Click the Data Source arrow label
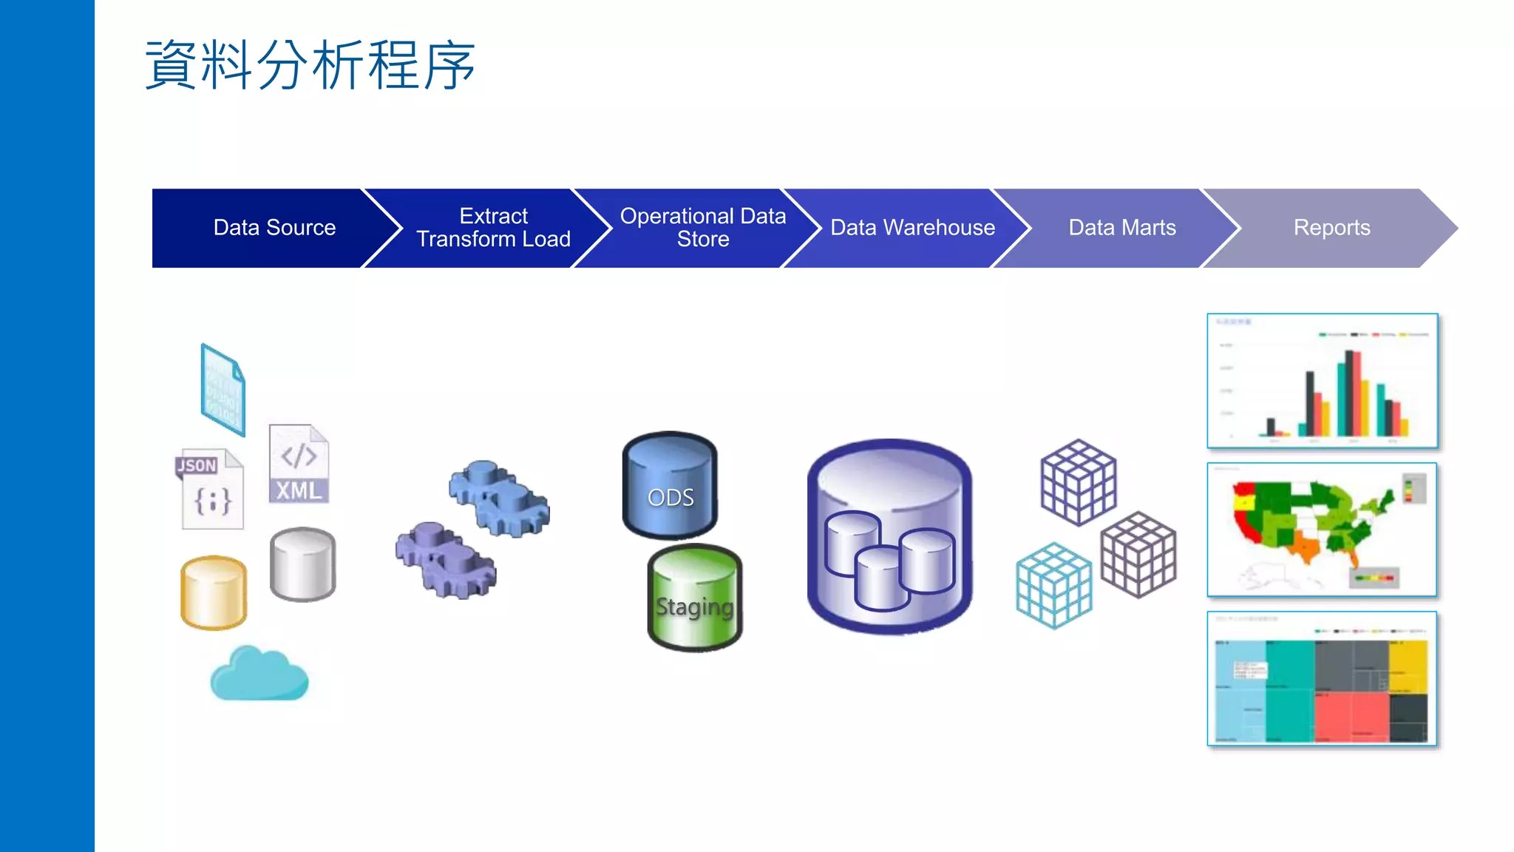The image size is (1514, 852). (x=274, y=228)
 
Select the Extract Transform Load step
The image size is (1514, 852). (x=493, y=228)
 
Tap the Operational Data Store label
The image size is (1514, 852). (x=702, y=228)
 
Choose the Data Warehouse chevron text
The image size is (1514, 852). (x=912, y=228)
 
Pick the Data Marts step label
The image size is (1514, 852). (x=1121, y=228)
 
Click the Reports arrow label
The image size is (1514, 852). (x=1331, y=228)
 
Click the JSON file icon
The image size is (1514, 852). (x=211, y=490)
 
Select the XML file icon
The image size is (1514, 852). (x=299, y=464)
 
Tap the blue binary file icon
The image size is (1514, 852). (x=223, y=390)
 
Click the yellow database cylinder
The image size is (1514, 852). (x=214, y=593)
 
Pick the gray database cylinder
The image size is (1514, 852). (x=302, y=564)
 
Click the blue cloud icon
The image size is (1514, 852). (x=259, y=674)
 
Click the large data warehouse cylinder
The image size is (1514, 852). (x=889, y=537)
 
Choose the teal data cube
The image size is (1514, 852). (x=1053, y=586)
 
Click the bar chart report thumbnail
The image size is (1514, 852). (x=1322, y=381)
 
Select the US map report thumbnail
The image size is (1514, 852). (x=1322, y=530)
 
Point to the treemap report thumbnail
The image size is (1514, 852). (x=1322, y=679)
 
